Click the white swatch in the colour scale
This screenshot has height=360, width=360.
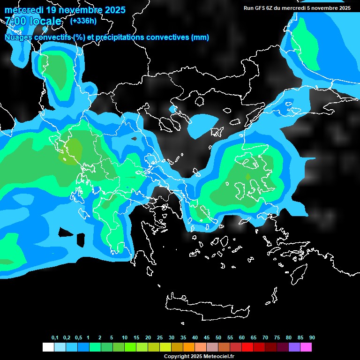[x=48, y=347]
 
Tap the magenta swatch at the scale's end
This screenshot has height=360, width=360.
[x=306, y=347]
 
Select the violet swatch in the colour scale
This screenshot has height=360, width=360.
[x=294, y=347]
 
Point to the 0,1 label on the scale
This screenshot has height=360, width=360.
[x=55, y=338]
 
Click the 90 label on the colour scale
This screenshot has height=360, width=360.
[x=312, y=338]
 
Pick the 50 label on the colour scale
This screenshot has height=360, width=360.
[x=218, y=338]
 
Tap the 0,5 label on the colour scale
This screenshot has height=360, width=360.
[x=78, y=338]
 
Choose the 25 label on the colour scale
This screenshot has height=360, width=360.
[x=160, y=338]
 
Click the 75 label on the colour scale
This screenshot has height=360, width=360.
[x=277, y=338]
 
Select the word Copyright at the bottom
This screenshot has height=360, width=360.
[x=177, y=357]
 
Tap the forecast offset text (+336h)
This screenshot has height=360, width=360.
[x=83, y=21]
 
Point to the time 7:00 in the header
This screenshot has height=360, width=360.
[x=15, y=21]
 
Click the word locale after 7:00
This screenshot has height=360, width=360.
[x=45, y=21]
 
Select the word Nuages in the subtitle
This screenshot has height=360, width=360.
[x=18, y=37]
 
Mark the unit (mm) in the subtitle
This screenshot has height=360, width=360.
[x=200, y=37]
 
